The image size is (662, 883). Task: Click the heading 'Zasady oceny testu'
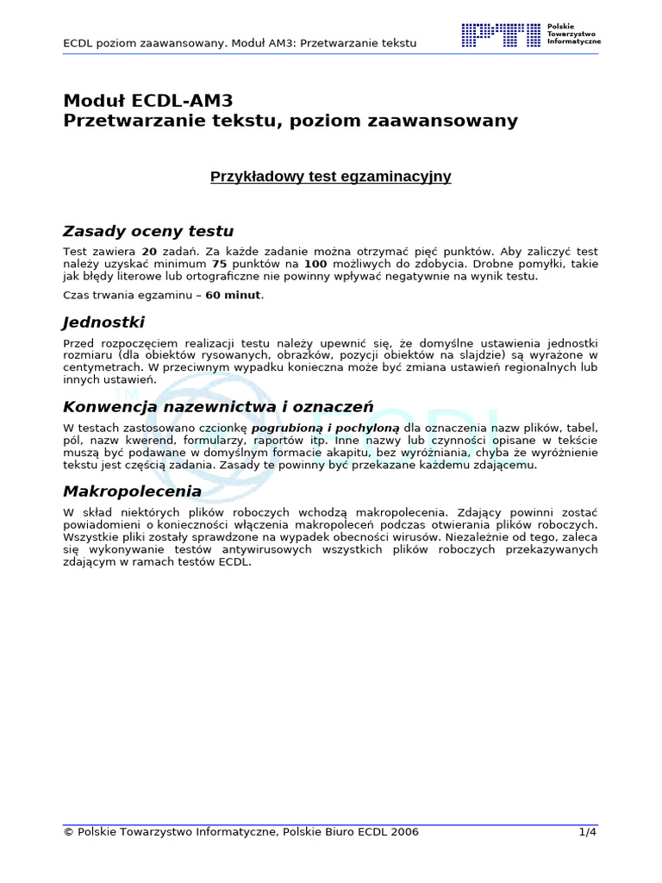[x=148, y=231]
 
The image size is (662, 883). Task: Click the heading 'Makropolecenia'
[x=133, y=491]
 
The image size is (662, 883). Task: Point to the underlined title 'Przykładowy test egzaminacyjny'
[x=331, y=177]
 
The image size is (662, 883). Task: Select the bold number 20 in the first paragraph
[x=149, y=251]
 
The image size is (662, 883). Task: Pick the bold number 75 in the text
[x=220, y=264]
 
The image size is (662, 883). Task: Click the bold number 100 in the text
[x=315, y=264]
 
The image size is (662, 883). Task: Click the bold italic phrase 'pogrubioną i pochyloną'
[x=325, y=428]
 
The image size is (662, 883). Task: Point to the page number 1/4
[x=587, y=832]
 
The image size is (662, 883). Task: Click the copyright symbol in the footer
[x=69, y=832]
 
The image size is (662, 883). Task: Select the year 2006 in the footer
[x=404, y=832]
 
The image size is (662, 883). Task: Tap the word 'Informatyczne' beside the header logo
[x=574, y=41]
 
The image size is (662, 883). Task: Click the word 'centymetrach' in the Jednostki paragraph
[x=98, y=367]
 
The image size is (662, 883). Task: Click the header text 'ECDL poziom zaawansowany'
[x=144, y=42]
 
